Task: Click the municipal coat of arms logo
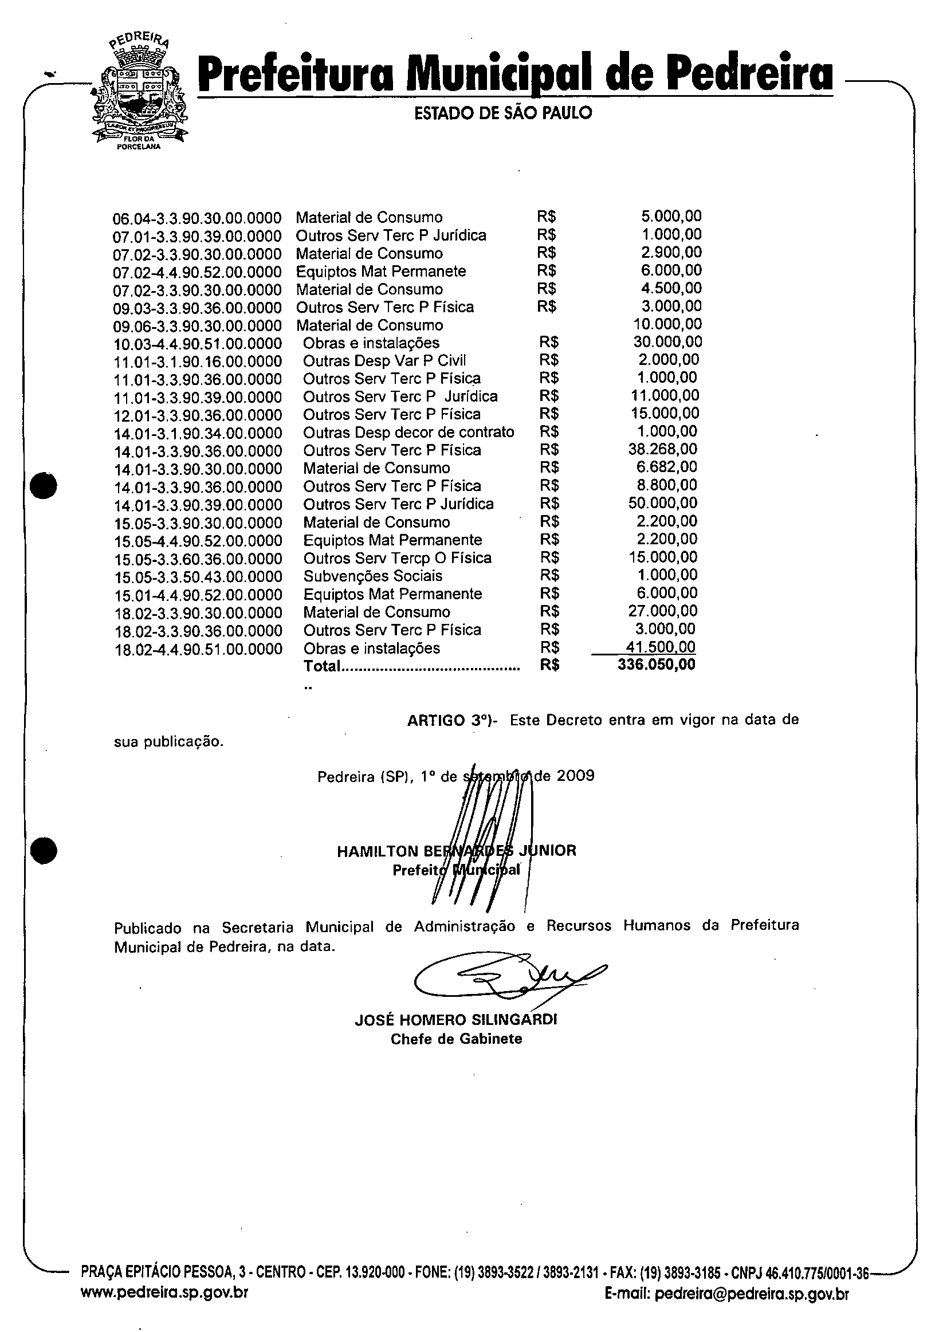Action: (x=140, y=92)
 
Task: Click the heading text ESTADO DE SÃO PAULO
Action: (x=503, y=113)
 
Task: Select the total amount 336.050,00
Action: (x=656, y=664)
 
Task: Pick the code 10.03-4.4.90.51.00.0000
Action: (x=198, y=343)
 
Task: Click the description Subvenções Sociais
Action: (x=372, y=576)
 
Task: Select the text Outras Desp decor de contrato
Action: (x=408, y=432)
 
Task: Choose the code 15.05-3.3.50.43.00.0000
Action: (x=198, y=577)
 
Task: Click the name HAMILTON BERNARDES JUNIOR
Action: (x=457, y=851)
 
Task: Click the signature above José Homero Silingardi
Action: (x=505, y=978)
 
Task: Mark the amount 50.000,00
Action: (x=662, y=503)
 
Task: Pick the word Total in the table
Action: (x=321, y=666)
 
